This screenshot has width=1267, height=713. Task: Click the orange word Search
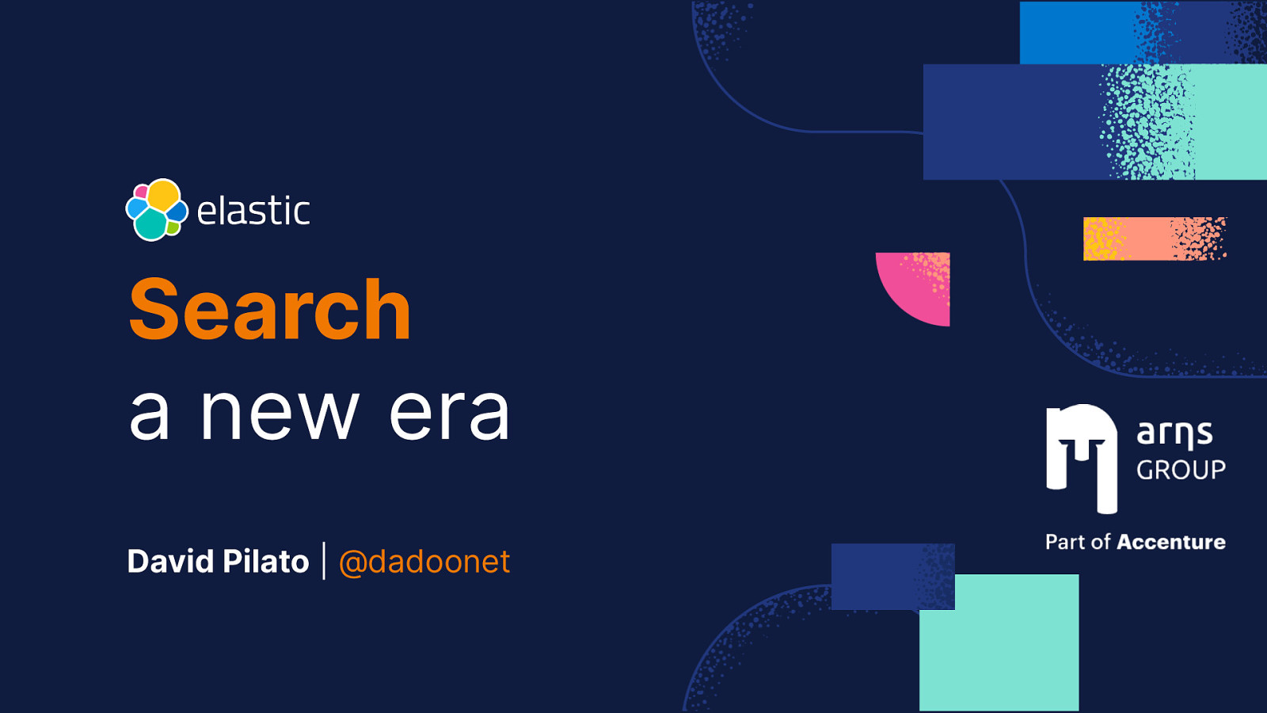pyautogui.click(x=269, y=311)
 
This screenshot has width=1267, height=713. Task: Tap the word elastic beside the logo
pyautogui.click(x=253, y=212)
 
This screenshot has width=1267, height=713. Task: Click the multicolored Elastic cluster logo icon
pyautogui.click(x=157, y=210)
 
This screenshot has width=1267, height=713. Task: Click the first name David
pyautogui.click(x=170, y=561)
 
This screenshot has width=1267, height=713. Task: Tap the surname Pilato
pyautogui.click(x=266, y=561)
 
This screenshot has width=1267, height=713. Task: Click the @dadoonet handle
pyautogui.click(x=424, y=562)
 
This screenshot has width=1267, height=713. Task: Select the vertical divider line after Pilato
pyautogui.click(x=324, y=561)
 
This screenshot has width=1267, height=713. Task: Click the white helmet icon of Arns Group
pyautogui.click(x=1082, y=458)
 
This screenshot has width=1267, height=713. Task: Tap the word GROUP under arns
pyautogui.click(x=1181, y=470)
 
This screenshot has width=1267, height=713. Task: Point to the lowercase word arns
pyautogui.click(x=1174, y=433)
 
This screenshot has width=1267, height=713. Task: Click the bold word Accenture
pyautogui.click(x=1171, y=542)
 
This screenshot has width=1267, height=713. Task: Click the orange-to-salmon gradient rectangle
pyautogui.click(x=1154, y=238)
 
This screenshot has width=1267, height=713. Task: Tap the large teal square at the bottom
pyautogui.click(x=999, y=650)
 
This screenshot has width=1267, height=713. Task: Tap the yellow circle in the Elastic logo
pyautogui.click(x=164, y=195)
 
